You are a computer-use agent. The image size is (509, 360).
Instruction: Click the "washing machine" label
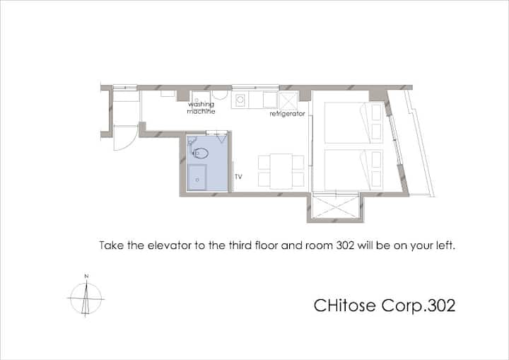click(201, 108)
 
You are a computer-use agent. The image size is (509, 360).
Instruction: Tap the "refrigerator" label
click(287, 114)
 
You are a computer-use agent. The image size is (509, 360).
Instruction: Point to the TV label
click(238, 177)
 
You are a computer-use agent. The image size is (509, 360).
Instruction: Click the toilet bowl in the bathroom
click(200, 153)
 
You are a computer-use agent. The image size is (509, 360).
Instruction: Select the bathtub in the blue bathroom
click(197, 178)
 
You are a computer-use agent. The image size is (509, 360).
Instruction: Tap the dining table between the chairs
click(281, 171)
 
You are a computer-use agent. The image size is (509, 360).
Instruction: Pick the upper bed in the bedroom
click(354, 122)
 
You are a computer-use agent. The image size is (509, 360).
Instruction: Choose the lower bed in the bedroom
click(354, 170)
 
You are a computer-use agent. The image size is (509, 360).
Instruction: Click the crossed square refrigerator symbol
click(288, 100)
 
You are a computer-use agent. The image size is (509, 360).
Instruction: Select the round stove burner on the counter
click(240, 100)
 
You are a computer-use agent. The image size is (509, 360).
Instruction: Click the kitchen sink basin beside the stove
click(270, 100)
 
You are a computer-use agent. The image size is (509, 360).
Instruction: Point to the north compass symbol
click(86, 298)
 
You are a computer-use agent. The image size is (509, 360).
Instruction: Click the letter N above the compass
click(86, 276)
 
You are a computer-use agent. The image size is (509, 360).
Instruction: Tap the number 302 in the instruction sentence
click(345, 245)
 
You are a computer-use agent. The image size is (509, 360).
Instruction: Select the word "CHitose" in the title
click(344, 306)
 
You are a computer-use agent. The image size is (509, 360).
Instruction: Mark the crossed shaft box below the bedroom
click(336, 207)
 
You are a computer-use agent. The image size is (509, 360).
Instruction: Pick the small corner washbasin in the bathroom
click(191, 141)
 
